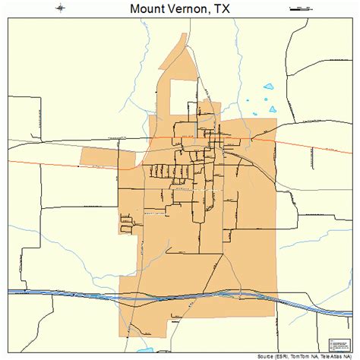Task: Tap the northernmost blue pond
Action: (x=267, y=87)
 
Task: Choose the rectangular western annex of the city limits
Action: (x=99, y=156)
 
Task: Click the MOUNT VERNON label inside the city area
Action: (x=156, y=216)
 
